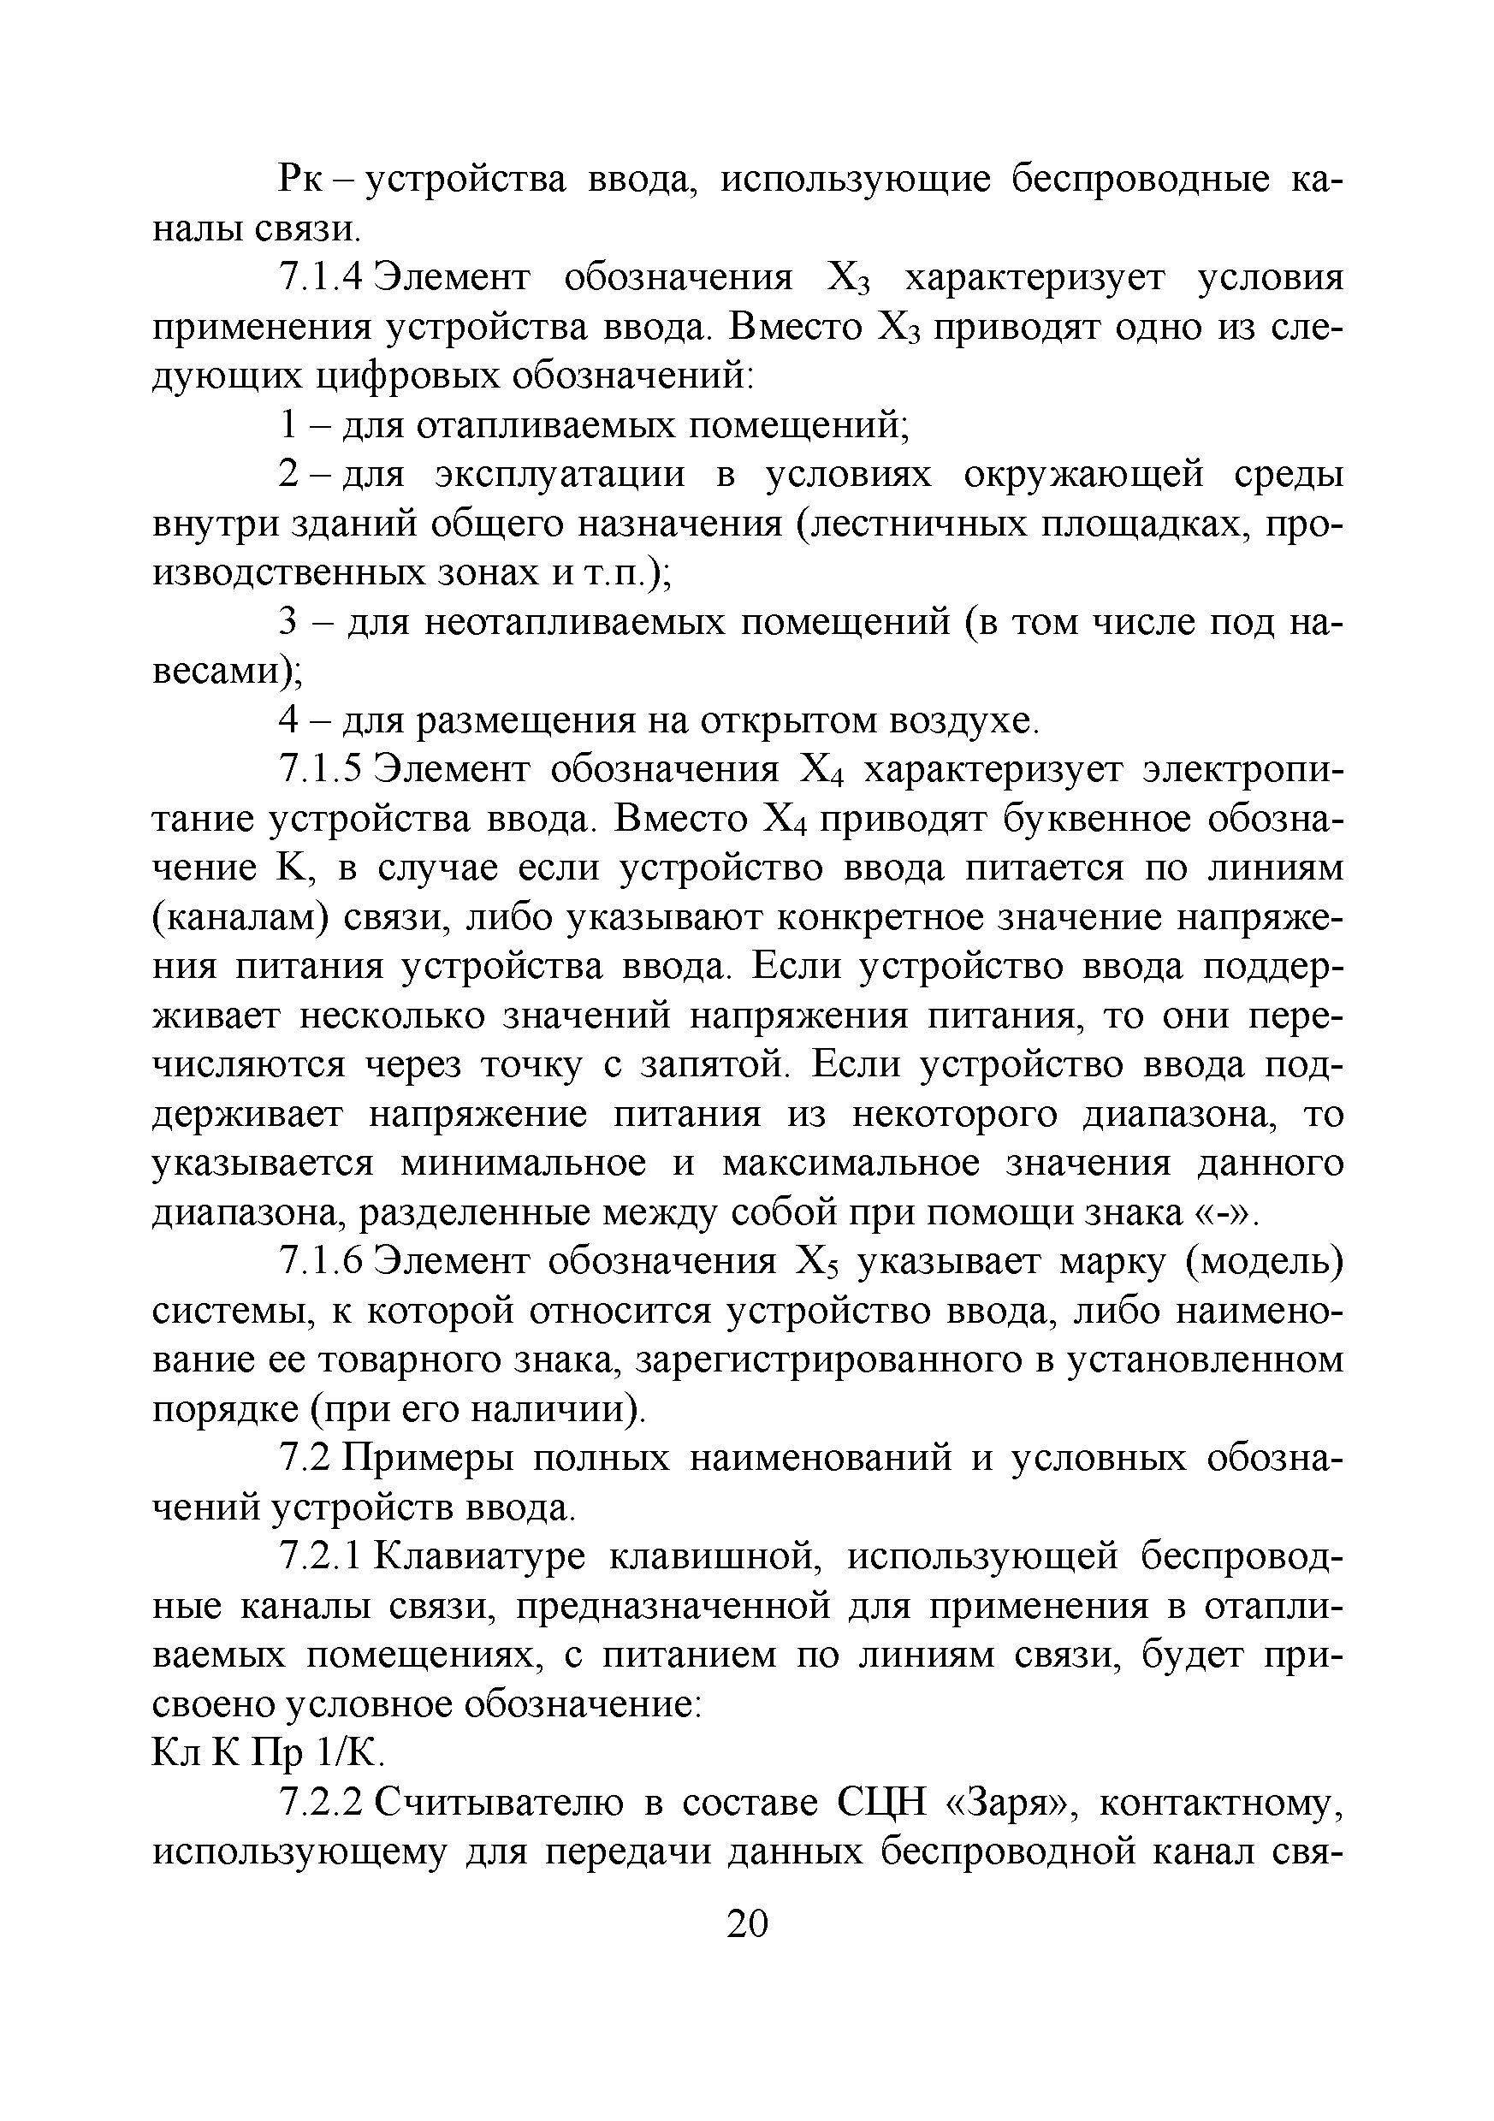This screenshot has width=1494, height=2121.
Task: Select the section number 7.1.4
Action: [x=324, y=278]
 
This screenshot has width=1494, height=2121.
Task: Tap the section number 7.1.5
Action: [x=324, y=769]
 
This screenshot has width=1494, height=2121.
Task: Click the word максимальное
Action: [x=850, y=1163]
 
